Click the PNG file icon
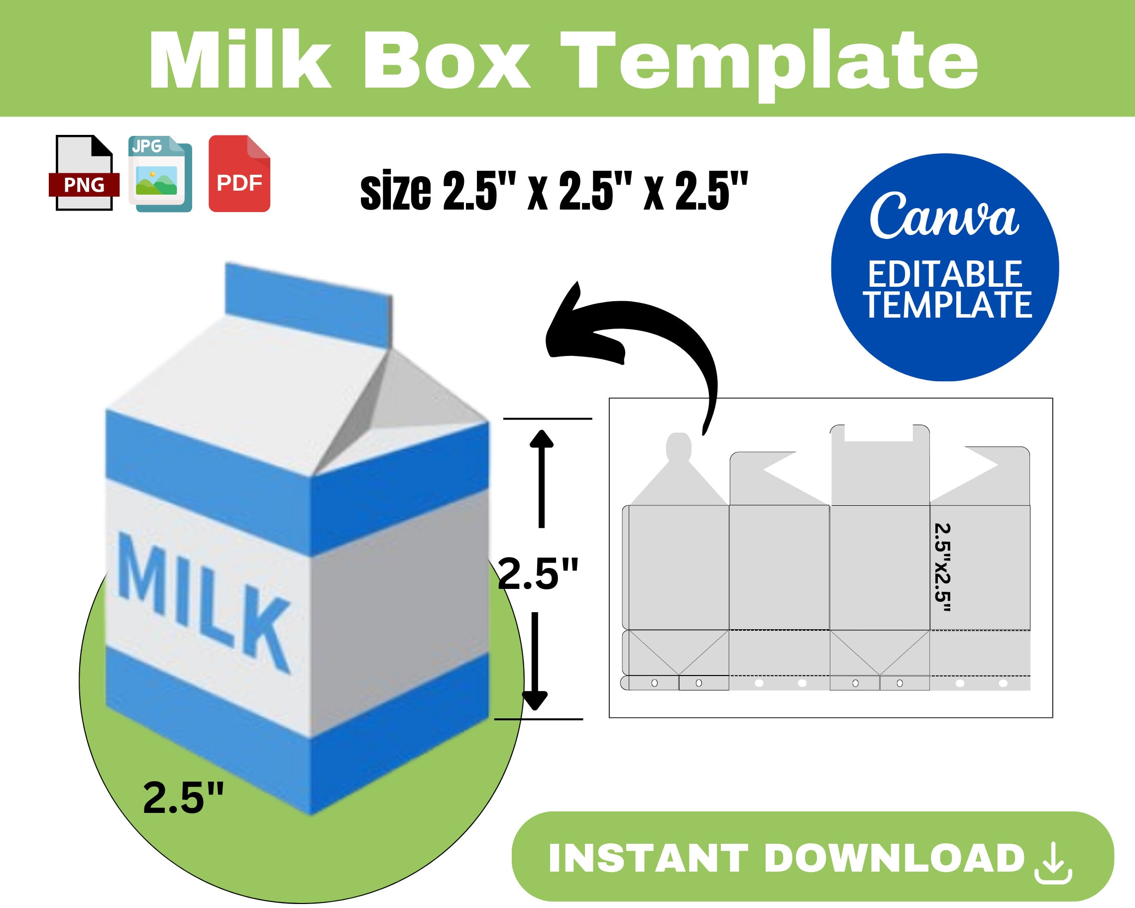(x=84, y=174)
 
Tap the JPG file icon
(x=160, y=174)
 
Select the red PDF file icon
(x=239, y=174)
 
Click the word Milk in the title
(x=240, y=61)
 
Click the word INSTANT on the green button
(x=648, y=859)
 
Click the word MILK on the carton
(x=203, y=600)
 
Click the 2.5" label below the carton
(x=183, y=798)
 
